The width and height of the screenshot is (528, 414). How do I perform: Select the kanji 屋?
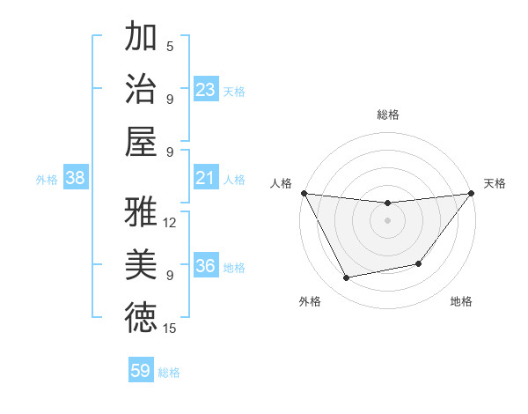(141, 140)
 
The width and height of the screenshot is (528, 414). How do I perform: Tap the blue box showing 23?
(205, 90)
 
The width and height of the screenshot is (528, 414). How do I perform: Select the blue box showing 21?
(205, 178)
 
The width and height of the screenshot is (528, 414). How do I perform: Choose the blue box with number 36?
(205, 266)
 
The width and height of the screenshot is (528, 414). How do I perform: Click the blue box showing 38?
(76, 178)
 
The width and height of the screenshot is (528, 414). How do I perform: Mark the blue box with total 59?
(140, 371)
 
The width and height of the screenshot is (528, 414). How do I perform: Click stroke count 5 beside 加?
(170, 47)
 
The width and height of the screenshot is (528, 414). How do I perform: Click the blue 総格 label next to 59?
(169, 373)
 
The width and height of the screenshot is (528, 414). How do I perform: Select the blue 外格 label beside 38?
(47, 180)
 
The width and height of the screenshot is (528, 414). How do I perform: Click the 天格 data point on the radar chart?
(471, 194)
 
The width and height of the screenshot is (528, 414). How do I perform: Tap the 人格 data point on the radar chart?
(304, 193)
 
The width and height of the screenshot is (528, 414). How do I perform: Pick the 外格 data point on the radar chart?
(347, 278)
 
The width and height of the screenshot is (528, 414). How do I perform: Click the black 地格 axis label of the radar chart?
(461, 302)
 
